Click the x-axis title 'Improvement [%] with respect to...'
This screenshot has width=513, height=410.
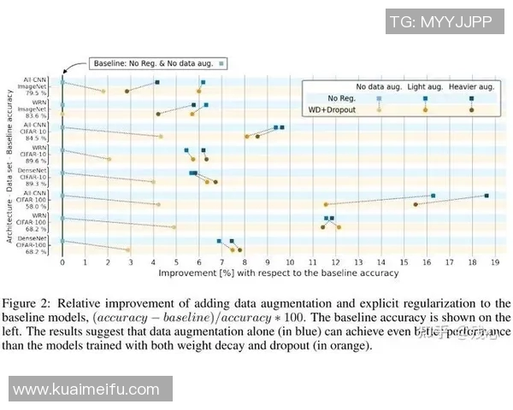(278, 273)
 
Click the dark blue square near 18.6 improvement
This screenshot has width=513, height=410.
(486, 196)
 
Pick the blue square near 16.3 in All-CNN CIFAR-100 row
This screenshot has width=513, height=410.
(433, 196)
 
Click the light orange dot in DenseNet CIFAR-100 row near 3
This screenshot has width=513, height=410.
(128, 250)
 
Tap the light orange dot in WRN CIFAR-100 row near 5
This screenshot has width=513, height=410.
(174, 227)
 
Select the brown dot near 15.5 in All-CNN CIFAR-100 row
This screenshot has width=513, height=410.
(416, 204)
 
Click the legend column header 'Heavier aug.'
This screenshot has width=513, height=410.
(470, 87)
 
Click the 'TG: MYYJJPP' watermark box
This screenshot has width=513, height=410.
(439, 22)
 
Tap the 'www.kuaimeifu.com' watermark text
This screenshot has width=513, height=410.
(85, 389)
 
